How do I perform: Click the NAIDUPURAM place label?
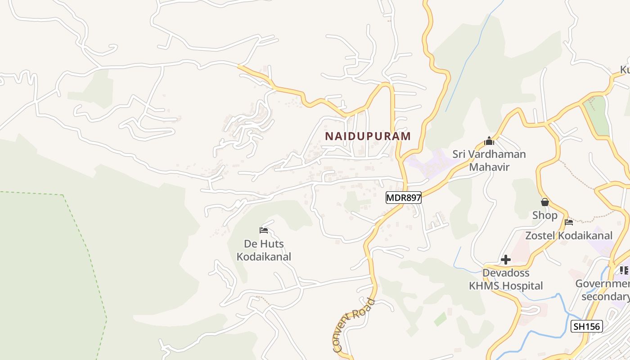(x=368, y=136)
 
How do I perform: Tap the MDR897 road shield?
(x=403, y=198)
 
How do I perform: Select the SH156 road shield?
(x=587, y=326)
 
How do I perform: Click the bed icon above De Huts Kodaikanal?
(x=264, y=231)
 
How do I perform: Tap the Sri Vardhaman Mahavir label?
(x=489, y=161)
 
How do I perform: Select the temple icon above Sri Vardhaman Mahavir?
(x=489, y=141)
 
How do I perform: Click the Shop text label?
(x=544, y=216)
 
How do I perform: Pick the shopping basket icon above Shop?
(x=545, y=202)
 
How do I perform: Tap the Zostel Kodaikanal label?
(x=569, y=235)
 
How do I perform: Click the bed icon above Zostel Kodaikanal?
(x=569, y=222)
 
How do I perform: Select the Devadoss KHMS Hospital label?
(x=506, y=279)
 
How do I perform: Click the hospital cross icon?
(x=506, y=260)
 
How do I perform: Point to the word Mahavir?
(x=489, y=167)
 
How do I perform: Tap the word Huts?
(x=272, y=244)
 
